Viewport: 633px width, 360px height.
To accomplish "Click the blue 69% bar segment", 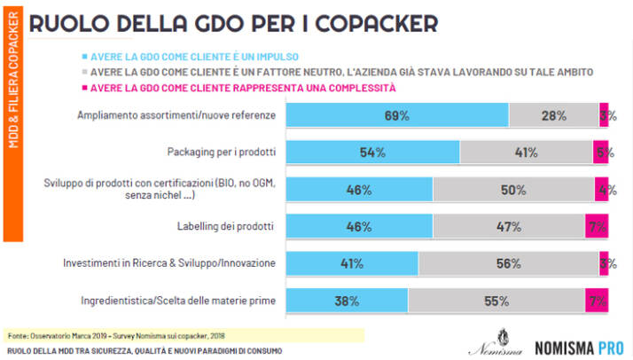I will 397,115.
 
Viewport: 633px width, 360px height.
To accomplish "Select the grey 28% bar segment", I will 554,115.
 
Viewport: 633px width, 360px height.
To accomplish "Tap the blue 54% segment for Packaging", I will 372,152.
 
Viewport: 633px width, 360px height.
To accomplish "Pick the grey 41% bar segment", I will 526,152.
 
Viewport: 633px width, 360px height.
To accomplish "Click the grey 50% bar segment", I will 513,189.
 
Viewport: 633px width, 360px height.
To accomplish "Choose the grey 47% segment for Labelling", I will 509,226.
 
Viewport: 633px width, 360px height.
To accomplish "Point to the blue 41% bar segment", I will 352,263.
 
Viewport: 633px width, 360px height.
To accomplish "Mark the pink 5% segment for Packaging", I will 600,152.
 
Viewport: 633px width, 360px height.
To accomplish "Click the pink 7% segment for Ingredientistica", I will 597,301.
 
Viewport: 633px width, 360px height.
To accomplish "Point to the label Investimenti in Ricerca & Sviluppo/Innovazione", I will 169,263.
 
